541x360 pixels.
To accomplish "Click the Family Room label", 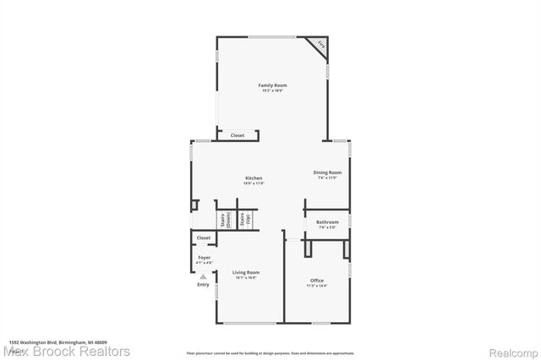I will pos(272,85).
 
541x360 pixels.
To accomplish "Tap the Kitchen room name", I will pos(254,178).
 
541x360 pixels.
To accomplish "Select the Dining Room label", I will pos(328,172).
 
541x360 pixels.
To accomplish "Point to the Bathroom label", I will pos(328,222).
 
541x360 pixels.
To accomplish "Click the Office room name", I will pos(316,281).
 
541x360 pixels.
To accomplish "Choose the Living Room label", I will pos(246,272).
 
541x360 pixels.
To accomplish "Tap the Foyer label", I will pos(204,257).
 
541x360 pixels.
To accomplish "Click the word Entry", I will pos(203,284).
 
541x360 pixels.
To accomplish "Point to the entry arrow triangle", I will pos(203,276).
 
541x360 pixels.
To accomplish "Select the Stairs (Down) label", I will pos(223,221).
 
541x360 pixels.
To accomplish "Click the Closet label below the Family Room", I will pos(238,135).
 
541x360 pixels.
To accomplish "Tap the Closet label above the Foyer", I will pos(204,238).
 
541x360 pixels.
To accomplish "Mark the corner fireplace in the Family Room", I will pos(320,45).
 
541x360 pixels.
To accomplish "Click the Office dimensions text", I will pos(316,286).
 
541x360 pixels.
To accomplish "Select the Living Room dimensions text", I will pos(246,277).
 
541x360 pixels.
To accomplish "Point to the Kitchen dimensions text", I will pos(254,183).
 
